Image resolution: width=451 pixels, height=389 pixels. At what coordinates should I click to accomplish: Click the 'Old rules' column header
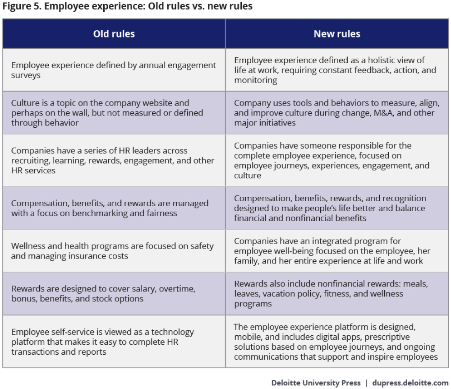click(114, 34)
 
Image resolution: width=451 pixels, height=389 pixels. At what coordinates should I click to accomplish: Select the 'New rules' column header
click(337, 34)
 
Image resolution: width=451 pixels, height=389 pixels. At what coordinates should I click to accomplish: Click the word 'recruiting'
click(30, 161)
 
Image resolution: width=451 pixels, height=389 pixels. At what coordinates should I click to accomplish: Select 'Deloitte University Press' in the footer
click(316, 383)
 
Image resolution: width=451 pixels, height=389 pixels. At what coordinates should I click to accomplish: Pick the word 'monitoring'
click(255, 80)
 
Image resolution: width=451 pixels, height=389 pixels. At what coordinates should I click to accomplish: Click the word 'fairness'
click(162, 213)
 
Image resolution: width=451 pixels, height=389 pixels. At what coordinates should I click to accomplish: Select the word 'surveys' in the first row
click(26, 75)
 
